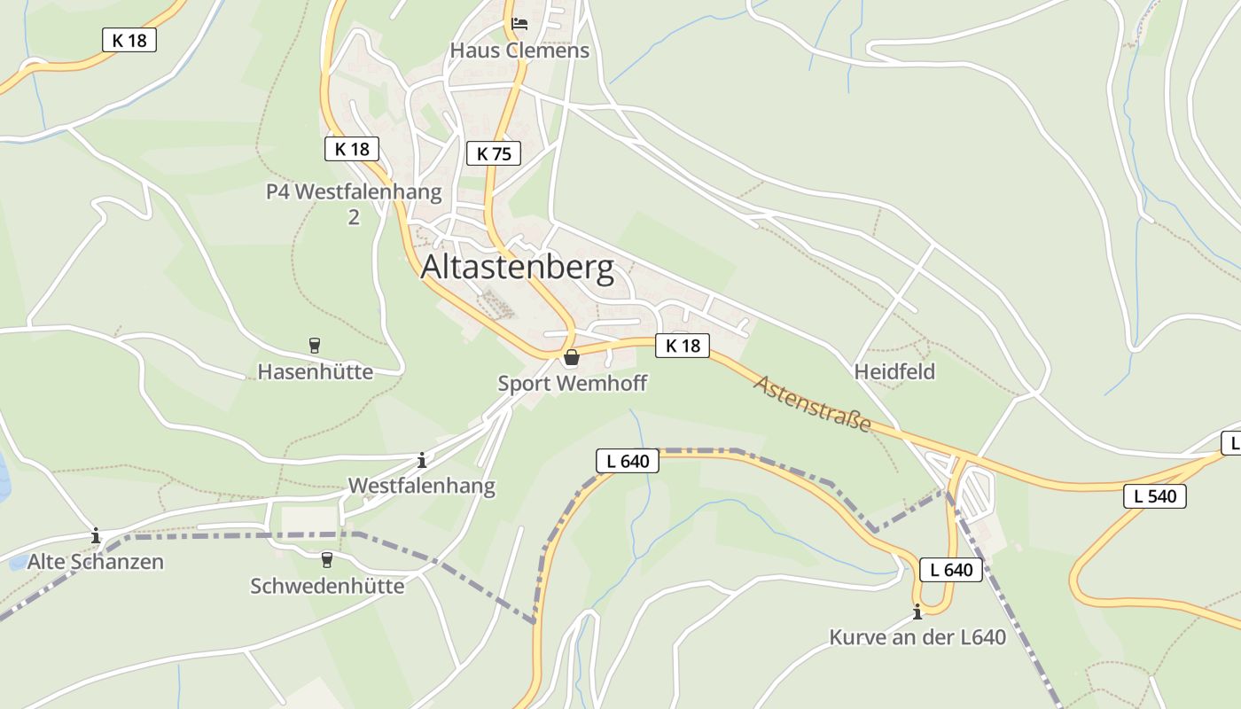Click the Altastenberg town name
(x=517, y=267)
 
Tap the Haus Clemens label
(x=519, y=51)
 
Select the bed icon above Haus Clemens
(x=519, y=23)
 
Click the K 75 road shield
(x=494, y=153)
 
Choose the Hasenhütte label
(x=316, y=371)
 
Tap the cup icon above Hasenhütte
(x=314, y=345)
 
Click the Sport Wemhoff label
(x=572, y=384)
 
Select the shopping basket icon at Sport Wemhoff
(x=572, y=357)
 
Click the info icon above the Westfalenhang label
(x=422, y=460)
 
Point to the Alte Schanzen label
(x=96, y=562)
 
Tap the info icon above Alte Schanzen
(x=96, y=536)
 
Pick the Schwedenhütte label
(x=327, y=586)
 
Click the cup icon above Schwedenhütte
(x=326, y=559)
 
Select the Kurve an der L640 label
(x=917, y=637)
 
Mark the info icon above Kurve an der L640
(x=917, y=612)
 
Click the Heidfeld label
(x=894, y=371)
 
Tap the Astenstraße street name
(x=813, y=403)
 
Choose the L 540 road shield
(x=1155, y=496)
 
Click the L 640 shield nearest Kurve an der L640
(x=951, y=570)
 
